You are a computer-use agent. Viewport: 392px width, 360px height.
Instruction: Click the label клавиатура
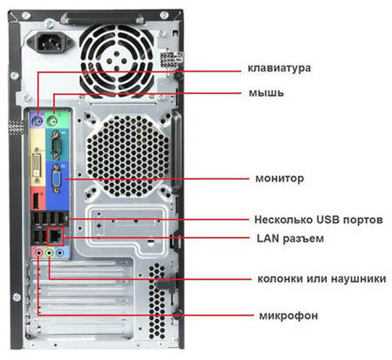279,68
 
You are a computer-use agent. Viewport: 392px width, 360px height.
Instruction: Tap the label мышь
267,93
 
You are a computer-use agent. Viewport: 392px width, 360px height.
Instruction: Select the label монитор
280,178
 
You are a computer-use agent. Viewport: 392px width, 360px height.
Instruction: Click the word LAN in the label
268,238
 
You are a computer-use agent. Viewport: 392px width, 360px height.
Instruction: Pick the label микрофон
288,316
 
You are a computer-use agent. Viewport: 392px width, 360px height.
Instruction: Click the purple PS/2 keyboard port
38,121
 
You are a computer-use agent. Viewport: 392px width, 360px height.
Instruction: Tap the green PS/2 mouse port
53,120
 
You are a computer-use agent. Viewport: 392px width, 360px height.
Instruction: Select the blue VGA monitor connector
57,178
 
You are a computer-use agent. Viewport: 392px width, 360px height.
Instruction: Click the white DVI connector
37,166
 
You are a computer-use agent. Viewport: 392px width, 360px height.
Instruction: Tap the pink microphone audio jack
38,253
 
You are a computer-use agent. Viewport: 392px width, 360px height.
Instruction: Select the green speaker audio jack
50,253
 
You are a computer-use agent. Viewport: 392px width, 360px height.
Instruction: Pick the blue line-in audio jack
60,253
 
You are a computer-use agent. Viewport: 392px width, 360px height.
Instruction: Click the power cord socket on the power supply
50,43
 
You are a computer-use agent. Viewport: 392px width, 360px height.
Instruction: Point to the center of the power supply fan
117,60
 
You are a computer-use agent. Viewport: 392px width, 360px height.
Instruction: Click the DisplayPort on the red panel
37,200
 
